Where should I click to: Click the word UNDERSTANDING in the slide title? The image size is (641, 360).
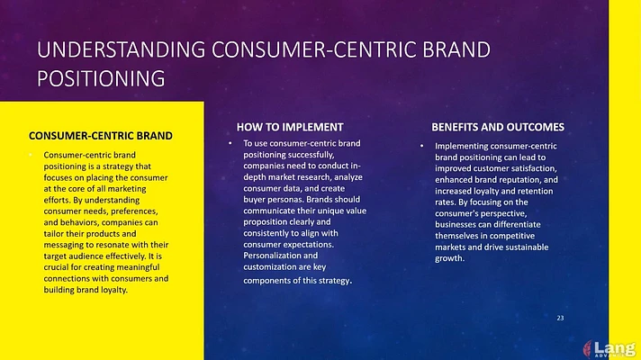[121, 49]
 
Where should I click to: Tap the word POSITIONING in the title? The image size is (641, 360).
[101, 78]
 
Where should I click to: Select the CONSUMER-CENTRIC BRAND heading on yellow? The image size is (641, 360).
[101, 136]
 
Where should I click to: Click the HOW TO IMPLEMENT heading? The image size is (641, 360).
[290, 127]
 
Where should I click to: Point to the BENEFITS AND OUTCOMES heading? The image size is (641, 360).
[498, 127]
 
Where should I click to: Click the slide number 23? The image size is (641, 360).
[560, 318]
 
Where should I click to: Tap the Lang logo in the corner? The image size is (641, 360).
[609, 349]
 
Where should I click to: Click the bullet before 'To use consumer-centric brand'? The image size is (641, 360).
[230, 143]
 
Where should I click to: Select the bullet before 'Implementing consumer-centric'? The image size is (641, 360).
[422, 146]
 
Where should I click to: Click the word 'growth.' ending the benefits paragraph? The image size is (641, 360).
[449, 258]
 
